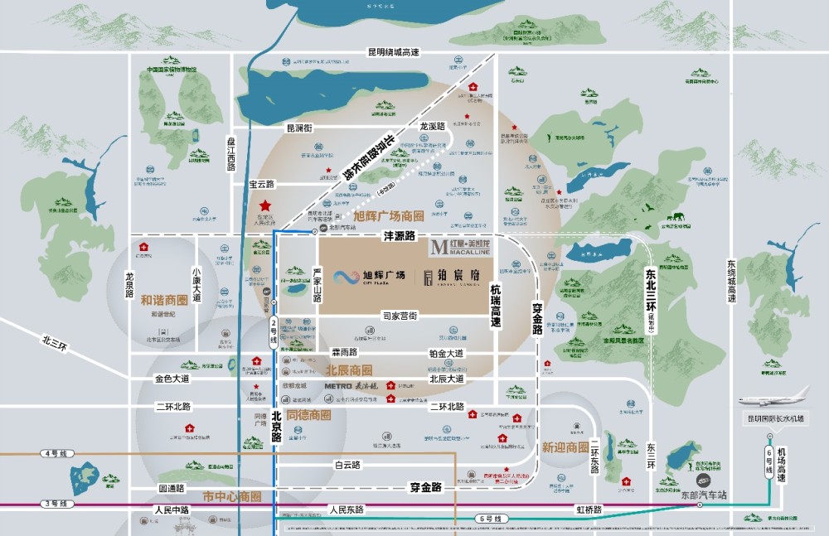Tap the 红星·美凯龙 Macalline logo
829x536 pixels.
point(460,248)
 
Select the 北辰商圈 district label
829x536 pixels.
point(348,369)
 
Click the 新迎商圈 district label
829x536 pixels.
point(565,447)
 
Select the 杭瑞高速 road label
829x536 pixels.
point(496,304)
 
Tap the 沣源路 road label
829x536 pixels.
point(399,236)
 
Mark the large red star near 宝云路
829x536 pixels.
point(264,205)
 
